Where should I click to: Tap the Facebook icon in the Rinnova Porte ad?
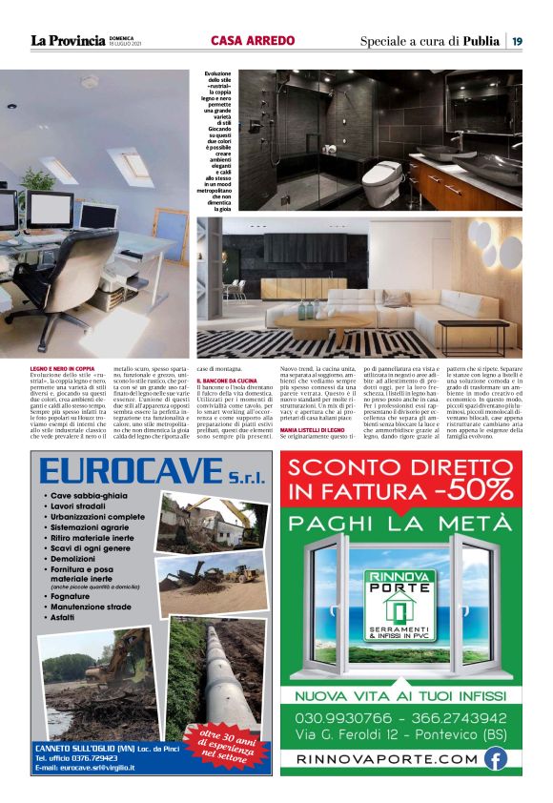click(x=494, y=759)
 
